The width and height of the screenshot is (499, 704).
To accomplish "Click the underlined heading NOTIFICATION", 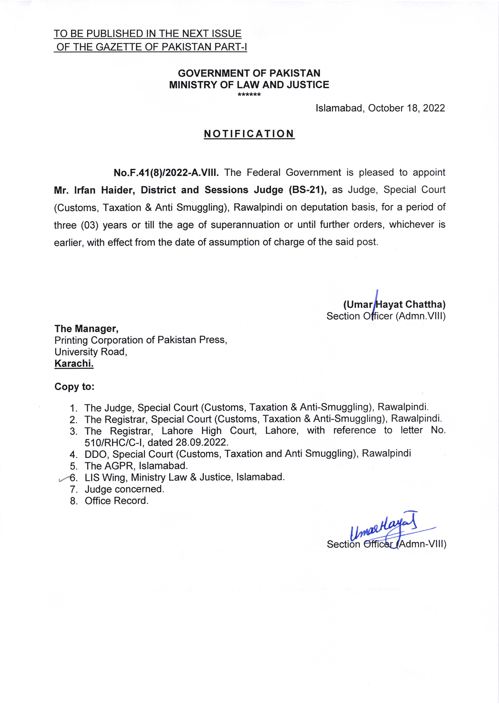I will [x=249, y=134].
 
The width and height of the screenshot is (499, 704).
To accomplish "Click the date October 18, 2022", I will [x=406, y=108].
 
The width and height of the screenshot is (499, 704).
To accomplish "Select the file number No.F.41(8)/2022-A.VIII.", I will [x=166, y=173].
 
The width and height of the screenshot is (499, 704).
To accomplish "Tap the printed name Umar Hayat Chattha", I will [x=394, y=304].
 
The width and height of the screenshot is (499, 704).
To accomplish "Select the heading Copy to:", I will [x=74, y=386].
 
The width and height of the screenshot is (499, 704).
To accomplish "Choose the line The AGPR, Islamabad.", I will [x=136, y=466].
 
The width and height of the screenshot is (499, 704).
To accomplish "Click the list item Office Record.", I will [x=116, y=501].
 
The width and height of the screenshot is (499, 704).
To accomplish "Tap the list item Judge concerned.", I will [x=124, y=489].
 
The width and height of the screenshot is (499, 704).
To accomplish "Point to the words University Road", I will [x=91, y=352].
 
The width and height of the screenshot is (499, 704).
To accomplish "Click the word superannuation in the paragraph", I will [x=245, y=225].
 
